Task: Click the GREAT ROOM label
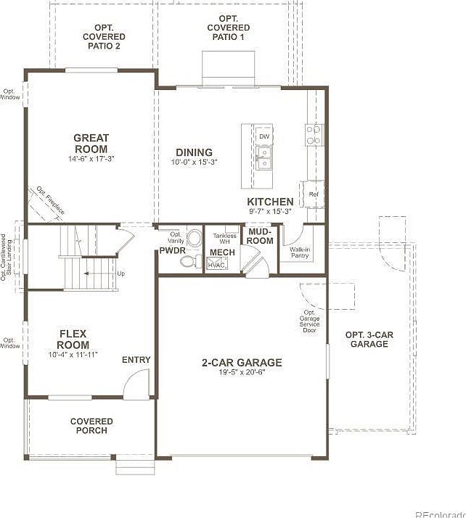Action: click(x=91, y=143)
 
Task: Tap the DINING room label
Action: click(x=194, y=152)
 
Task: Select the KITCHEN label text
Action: click(x=270, y=202)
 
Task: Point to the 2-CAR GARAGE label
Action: click(x=242, y=363)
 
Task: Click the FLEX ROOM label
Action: click(x=74, y=340)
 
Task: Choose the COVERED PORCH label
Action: click(x=92, y=426)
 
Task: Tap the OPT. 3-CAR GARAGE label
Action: click(x=369, y=340)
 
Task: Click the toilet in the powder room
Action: click(x=192, y=239)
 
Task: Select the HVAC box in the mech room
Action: click(x=217, y=266)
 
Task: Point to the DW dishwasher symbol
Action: click(x=264, y=136)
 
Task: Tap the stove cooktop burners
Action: click(x=314, y=135)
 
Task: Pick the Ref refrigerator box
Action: click(x=314, y=194)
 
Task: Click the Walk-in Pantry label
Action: click(x=301, y=252)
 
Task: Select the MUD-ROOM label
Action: click(x=260, y=236)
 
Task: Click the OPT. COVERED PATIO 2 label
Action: click(x=103, y=36)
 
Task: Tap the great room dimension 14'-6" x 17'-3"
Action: click(x=91, y=158)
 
